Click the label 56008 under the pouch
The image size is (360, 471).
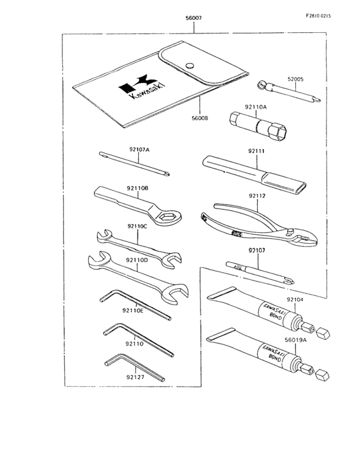pyautogui.click(x=201, y=118)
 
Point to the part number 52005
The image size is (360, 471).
pyautogui.click(x=295, y=79)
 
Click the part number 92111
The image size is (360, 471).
pyautogui.click(x=256, y=151)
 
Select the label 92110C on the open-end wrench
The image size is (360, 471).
pyautogui.click(x=137, y=226)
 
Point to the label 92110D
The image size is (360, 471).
pyautogui.click(x=137, y=260)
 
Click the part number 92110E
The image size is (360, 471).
pyautogui.click(x=132, y=309)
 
